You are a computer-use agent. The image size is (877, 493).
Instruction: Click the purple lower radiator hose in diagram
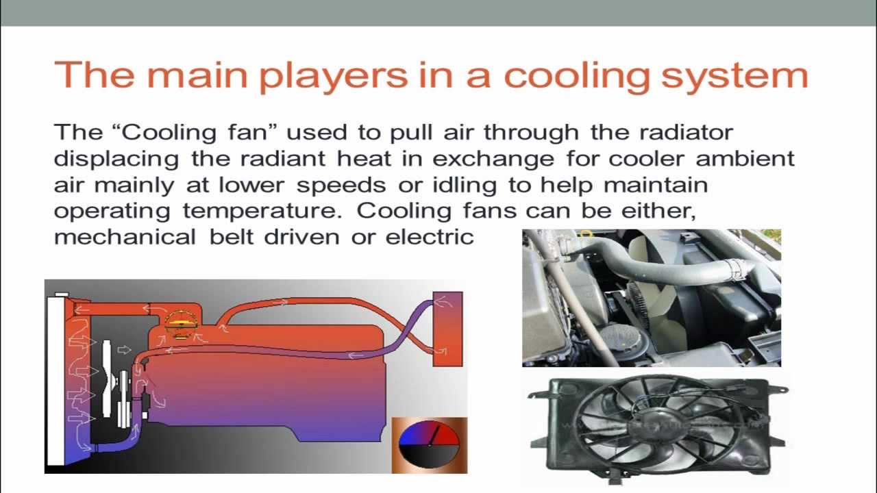tap(116, 446)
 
